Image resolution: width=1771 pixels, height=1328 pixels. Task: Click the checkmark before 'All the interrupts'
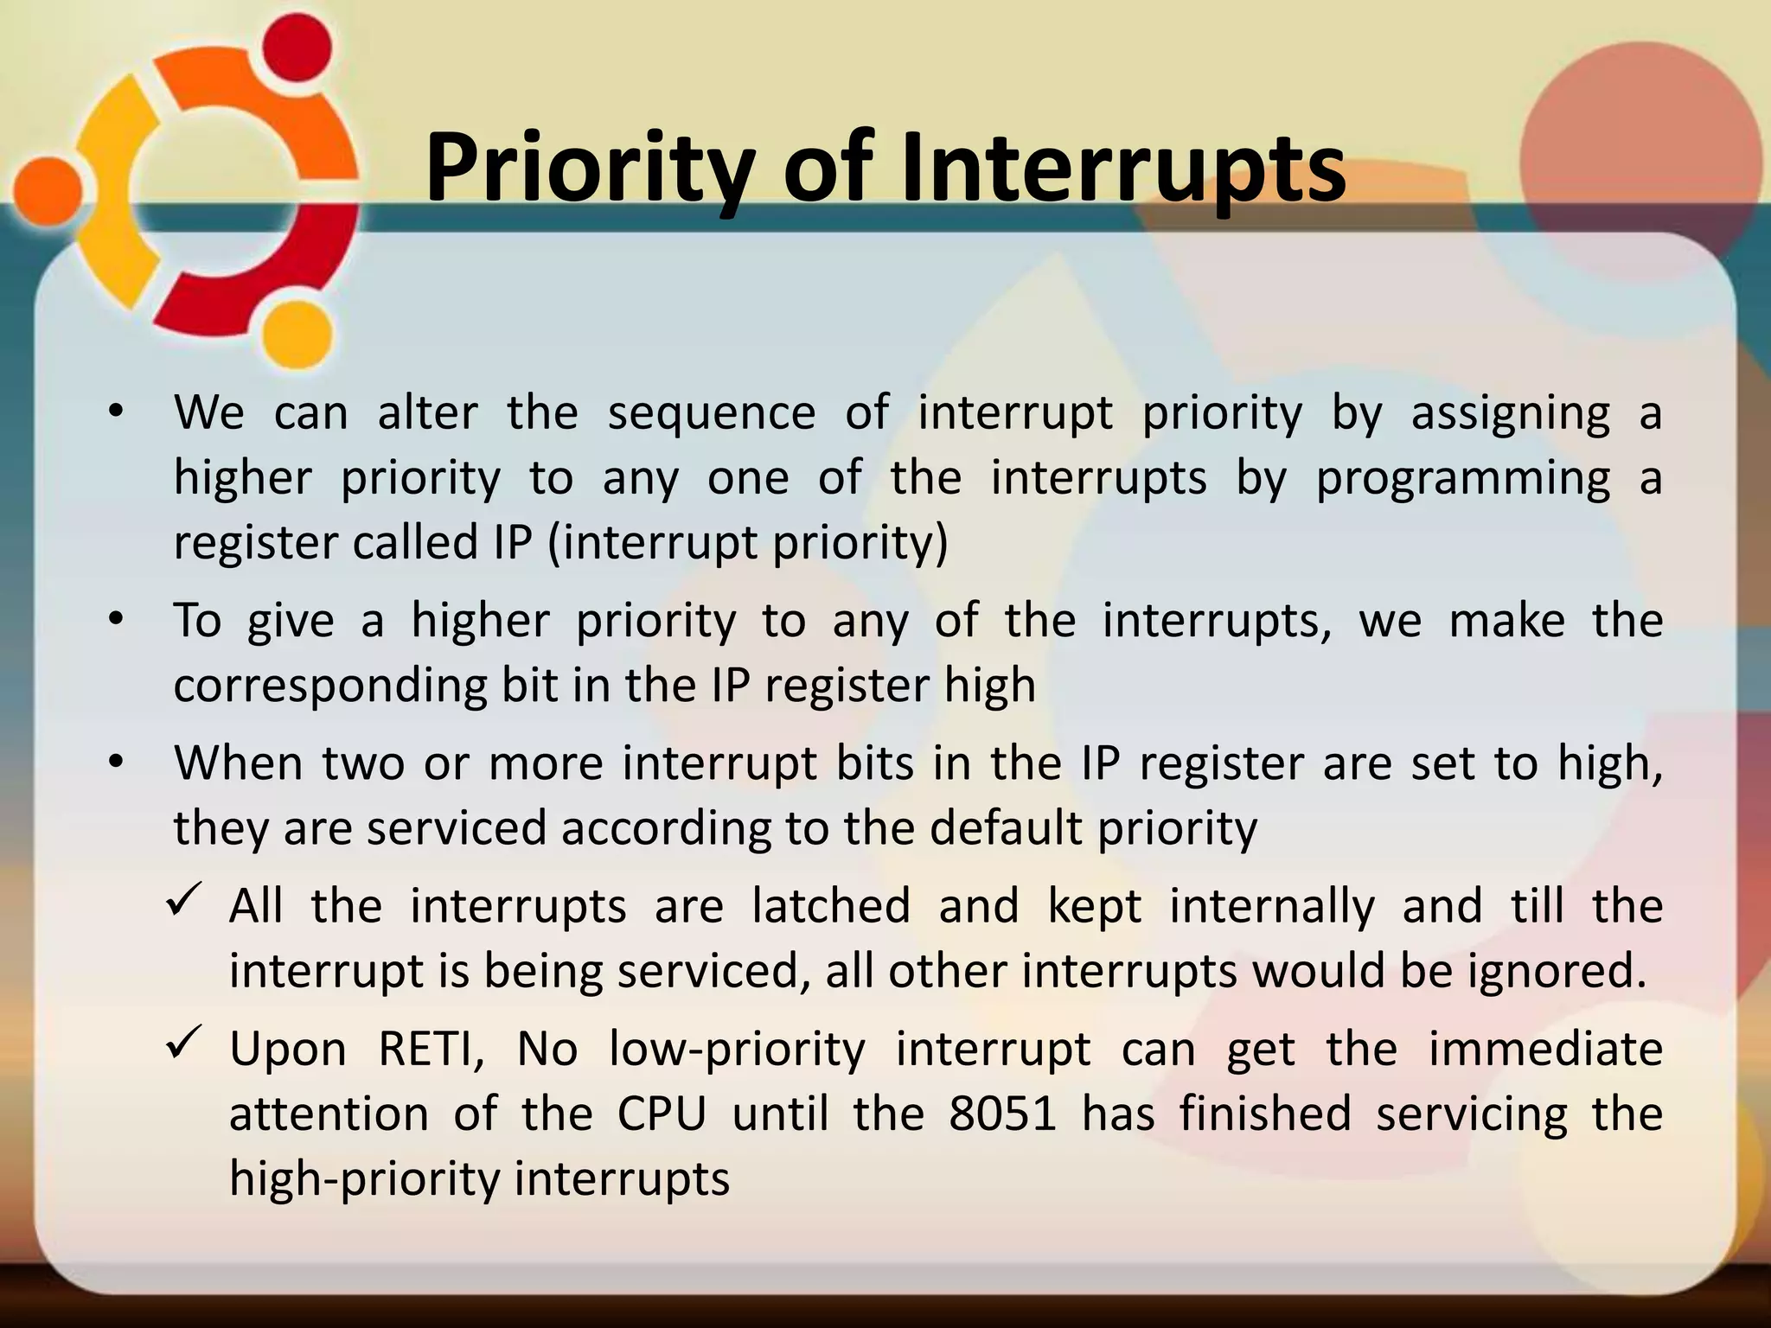click(x=184, y=902)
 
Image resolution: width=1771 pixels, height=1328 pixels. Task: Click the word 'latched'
click(x=831, y=906)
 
